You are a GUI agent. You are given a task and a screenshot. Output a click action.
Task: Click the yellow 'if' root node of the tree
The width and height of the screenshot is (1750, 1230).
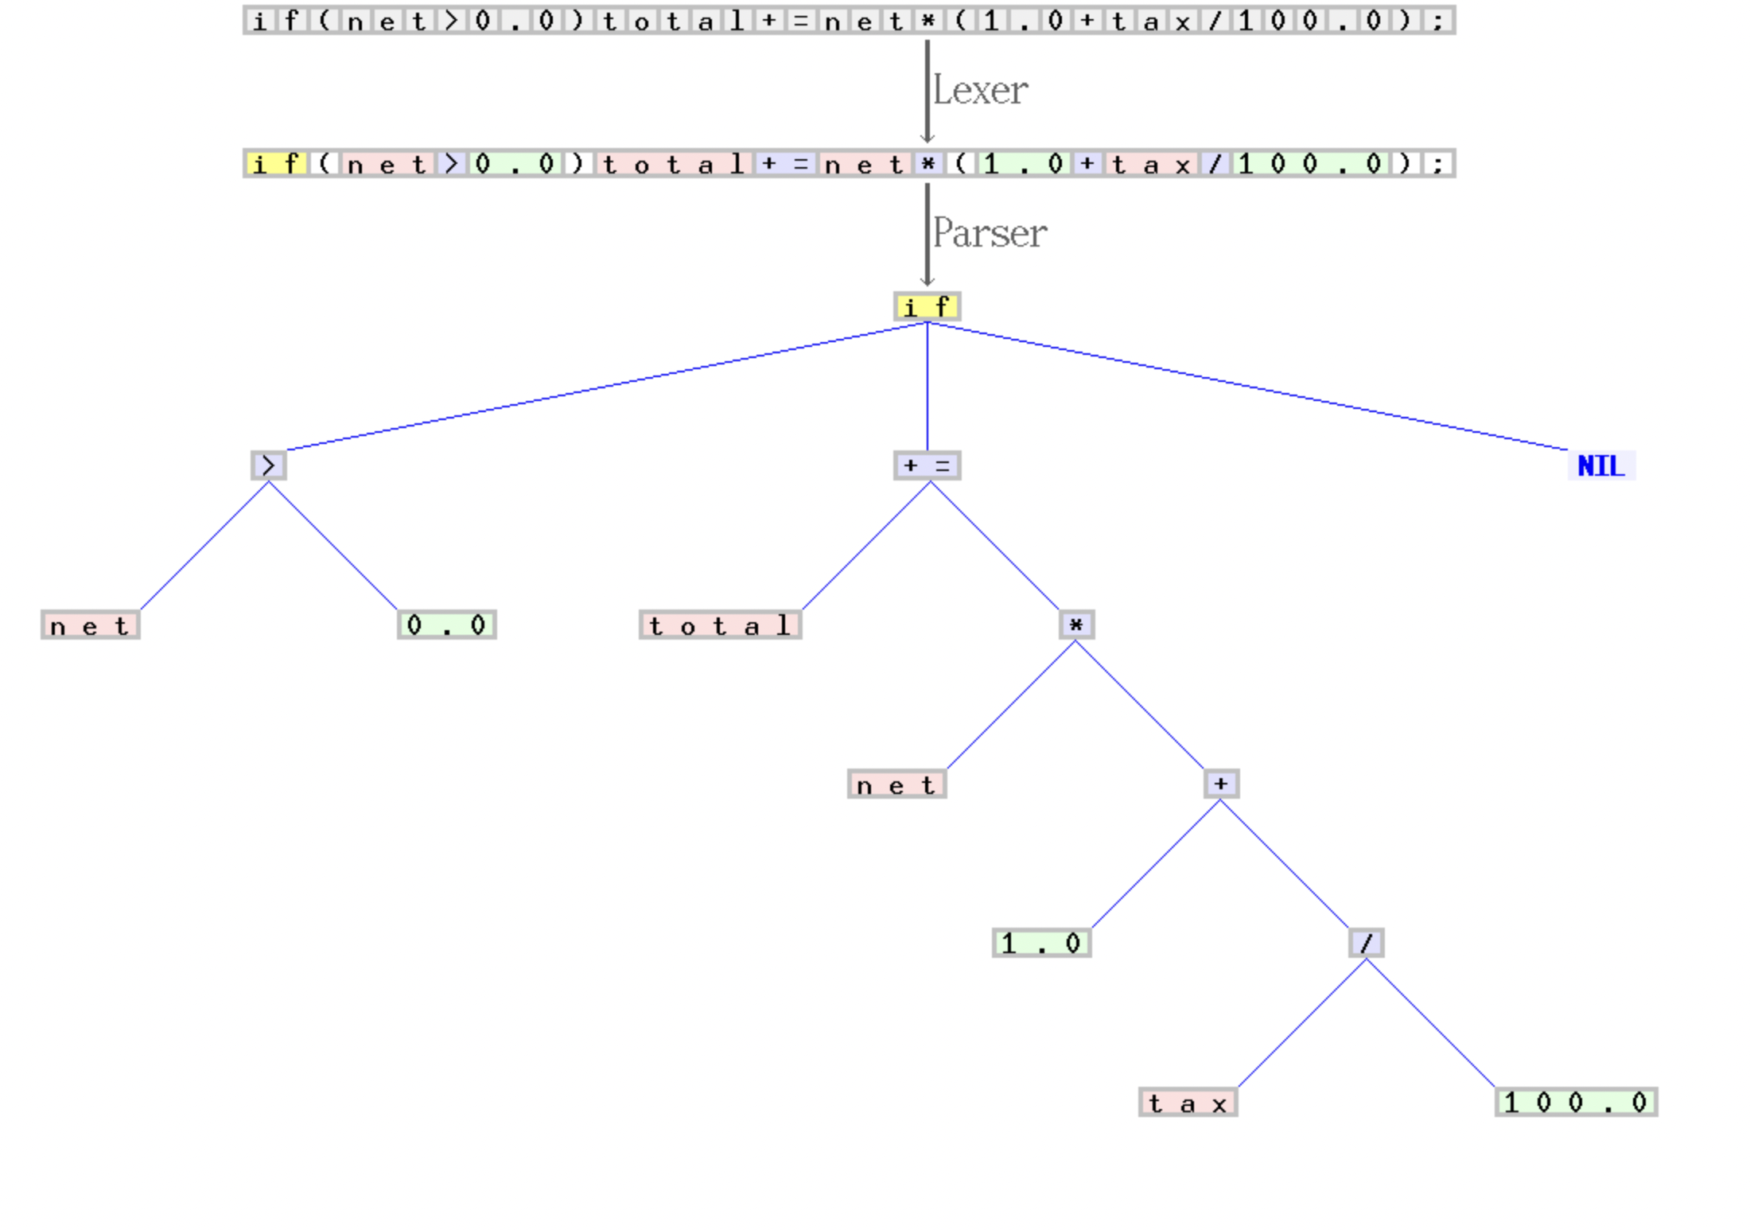[x=927, y=306]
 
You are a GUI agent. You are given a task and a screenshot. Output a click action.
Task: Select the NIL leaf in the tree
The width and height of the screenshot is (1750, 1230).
[x=1600, y=465]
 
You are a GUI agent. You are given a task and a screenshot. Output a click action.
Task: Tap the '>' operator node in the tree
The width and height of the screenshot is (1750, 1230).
[x=269, y=465]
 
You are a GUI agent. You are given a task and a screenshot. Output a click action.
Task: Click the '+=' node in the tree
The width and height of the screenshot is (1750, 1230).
[x=927, y=465]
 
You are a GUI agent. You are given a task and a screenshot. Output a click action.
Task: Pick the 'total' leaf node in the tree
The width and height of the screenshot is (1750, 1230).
[x=720, y=625]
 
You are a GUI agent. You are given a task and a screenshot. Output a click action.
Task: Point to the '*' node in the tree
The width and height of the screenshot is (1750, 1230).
[x=1076, y=625]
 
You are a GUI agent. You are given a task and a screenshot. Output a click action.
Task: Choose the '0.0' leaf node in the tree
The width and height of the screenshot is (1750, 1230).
[x=446, y=625]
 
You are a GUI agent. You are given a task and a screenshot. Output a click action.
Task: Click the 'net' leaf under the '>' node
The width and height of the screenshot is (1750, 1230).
[x=90, y=625]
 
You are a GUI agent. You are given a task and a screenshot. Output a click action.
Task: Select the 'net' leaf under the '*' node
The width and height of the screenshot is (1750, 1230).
[x=896, y=784]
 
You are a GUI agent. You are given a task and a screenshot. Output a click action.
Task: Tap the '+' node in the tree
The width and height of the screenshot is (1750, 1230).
[x=1221, y=784]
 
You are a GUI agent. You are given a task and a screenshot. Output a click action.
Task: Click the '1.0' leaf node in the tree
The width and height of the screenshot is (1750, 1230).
[x=1041, y=944]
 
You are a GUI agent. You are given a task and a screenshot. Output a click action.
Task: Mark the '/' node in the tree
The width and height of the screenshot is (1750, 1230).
[x=1366, y=944]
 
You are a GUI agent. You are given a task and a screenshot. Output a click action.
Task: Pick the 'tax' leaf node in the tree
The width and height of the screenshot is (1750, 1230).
[x=1188, y=1103]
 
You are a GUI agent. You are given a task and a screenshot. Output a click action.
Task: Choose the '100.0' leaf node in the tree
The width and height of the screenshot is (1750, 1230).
[x=1576, y=1103]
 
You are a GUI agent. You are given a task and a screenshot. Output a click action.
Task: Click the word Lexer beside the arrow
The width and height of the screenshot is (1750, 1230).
[x=980, y=90]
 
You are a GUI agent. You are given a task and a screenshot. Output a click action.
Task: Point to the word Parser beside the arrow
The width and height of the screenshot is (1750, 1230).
[x=990, y=233]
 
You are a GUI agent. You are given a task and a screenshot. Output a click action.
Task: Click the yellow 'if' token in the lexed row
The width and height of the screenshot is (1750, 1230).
[x=276, y=164]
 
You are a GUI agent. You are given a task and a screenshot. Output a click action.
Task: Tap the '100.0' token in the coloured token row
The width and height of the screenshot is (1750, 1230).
[x=1310, y=164]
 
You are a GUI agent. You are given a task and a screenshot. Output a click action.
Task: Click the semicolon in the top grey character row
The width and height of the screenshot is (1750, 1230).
[x=1438, y=20]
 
